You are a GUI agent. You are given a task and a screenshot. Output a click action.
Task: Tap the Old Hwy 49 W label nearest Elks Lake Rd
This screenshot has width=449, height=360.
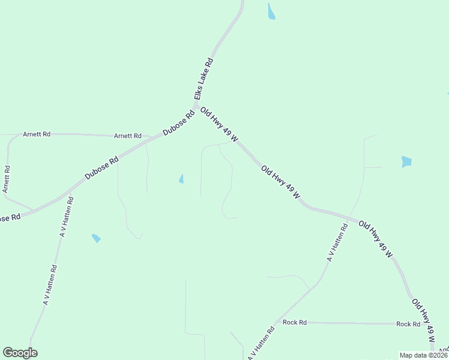pos(219,125)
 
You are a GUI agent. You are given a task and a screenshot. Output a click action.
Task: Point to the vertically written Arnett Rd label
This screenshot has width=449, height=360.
pos(6,179)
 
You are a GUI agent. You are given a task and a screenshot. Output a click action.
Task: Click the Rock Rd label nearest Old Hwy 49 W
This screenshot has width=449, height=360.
pos(408,324)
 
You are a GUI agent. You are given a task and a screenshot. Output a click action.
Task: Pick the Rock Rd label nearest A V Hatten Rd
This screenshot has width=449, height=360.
pos(295,322)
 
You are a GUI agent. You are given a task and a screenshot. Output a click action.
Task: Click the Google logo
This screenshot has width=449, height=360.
pos(20,353)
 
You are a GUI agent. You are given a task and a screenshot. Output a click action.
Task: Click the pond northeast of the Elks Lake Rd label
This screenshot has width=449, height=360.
pos(271,11)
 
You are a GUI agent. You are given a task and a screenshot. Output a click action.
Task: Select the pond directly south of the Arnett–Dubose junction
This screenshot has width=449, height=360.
pos(181,179)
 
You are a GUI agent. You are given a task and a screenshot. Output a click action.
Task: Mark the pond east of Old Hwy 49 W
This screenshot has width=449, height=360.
pos(407,161)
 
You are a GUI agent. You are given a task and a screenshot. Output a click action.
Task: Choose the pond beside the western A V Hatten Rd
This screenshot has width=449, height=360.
pos(96,238)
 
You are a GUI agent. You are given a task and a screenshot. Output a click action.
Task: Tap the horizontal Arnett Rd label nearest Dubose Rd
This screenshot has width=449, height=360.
pos(127,136)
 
